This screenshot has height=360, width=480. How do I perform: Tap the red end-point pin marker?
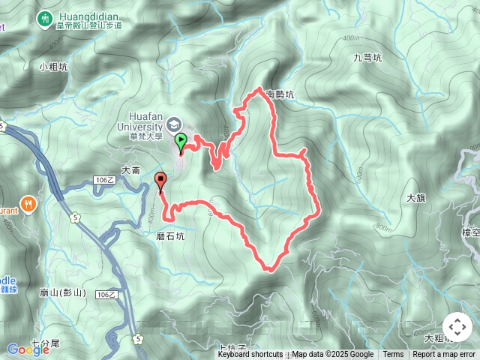pos(160,180)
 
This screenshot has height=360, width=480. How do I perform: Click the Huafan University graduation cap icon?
pos(174,124)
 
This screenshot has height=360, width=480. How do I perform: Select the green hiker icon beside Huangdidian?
pos(46,17)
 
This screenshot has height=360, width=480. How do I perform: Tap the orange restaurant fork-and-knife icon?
pos(28,203)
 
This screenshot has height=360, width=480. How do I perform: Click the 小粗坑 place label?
pos(53,67)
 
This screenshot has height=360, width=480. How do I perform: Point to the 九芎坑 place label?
pos(367,57)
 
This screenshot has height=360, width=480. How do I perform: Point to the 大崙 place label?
pos(130,171)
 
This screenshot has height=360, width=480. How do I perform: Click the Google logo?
pos(28,349)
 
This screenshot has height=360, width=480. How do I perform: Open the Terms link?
pos(393,355)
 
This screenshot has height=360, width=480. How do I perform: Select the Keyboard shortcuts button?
pos(250,355)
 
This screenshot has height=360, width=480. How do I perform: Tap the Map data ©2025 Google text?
pos(332,355)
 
